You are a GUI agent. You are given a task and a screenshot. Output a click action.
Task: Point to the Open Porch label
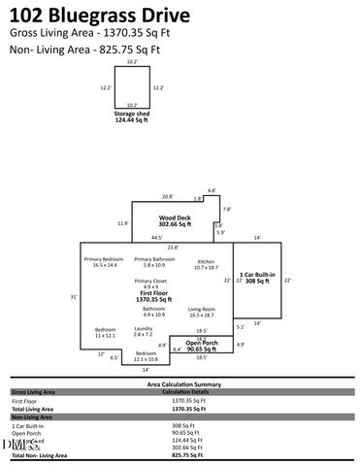pyautogui.click(x=201, y=345)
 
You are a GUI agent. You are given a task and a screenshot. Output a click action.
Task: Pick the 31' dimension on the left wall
pyautogui.click(x=73, y=296)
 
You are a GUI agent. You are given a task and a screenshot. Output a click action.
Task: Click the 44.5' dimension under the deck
pyautogui.click(x=156, y=237)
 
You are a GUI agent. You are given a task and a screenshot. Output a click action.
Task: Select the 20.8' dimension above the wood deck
pyautogui.click(x=168, y=196)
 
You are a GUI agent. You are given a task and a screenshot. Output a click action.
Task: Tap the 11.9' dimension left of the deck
pyautogui.click(x=122, y=223)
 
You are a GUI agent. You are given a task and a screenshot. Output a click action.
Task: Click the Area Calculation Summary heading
pyautogui.click(x=180, y=384)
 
